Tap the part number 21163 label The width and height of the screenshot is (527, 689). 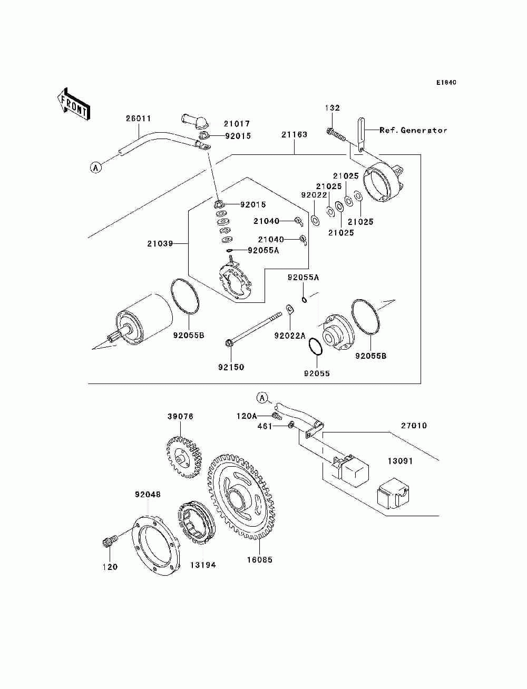[294, 135]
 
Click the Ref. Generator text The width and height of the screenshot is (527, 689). [413, 130]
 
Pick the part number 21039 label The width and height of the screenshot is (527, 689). [160, 244]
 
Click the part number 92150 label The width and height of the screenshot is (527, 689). [231, 367]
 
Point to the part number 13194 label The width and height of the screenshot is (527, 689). [203, 565]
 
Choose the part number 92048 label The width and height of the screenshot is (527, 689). [148, 495]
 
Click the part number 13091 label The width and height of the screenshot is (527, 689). [400, 461]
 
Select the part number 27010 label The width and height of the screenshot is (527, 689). [414, 426]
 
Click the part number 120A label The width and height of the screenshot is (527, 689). [246, 416]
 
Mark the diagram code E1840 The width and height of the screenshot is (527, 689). [446, 83]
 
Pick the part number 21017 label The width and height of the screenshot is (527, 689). [237, 124]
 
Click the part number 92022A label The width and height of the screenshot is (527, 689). [289, 336]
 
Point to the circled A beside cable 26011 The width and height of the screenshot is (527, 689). [95, 168]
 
